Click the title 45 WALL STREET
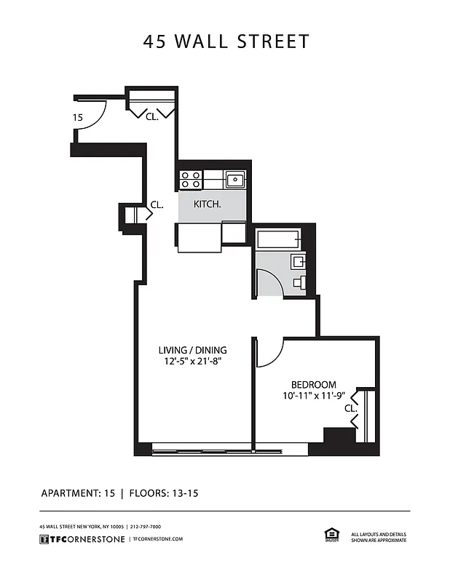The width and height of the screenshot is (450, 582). [226, 41]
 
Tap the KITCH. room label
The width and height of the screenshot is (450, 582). [207, 205]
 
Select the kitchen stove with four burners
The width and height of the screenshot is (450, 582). [191, 180]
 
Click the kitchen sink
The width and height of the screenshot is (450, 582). [234, 180]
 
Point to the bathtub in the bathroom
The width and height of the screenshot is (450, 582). [278, 239]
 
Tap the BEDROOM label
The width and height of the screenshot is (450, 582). [313, 385]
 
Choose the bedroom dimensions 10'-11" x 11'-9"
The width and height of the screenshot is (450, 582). [313, 396]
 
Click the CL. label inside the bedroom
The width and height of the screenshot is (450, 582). [350, 409]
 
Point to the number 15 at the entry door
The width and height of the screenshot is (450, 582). [76, 117]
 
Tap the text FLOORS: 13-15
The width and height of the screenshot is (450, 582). [164, 493]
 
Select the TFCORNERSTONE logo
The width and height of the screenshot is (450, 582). [81, 538]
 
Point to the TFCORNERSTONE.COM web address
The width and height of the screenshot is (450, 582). [157, 538]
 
